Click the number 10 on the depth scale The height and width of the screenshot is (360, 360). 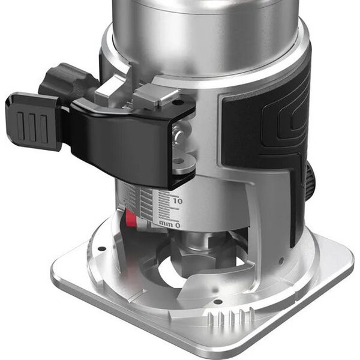point(178,202)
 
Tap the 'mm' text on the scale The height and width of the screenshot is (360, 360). point(166,223)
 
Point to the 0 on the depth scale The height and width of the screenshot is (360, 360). point(178,226)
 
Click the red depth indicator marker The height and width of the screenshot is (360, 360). point(131,218)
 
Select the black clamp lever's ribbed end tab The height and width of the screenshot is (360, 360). point(32,121)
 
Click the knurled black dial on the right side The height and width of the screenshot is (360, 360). point(310,182)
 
